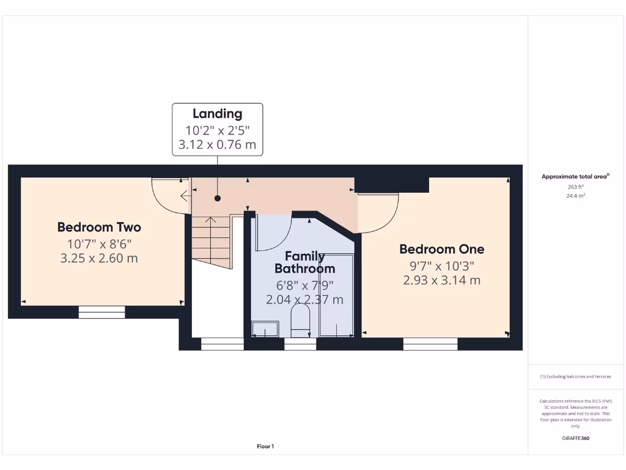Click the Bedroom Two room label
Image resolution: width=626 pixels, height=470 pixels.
(x=99, y=227)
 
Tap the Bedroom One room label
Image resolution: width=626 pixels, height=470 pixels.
(x=441, y=249)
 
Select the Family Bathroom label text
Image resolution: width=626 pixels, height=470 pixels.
(x=304, y=262)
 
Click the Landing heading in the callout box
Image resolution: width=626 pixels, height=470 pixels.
(x=217, y=113)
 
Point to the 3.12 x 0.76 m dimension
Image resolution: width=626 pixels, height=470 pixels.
(x=217, y=146)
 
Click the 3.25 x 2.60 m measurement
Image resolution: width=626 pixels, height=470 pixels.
(x=99, y=258)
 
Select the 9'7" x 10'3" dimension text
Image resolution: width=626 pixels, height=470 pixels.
(x=441, y=266)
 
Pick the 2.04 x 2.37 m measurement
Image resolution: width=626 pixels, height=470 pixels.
(x=304, y=300)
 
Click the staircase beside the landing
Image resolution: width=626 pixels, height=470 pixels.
(x=212, y=242)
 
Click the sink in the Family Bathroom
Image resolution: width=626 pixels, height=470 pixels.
(x=265, y=330)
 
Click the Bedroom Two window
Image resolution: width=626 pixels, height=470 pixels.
(x=101, y=312)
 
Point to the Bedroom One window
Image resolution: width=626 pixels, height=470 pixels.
(x=430, y=344)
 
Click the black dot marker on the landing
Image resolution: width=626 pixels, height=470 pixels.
(x=217, y=198)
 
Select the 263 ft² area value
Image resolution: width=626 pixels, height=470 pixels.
(x=575, y=187)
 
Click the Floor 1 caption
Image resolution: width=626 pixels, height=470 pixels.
(x=265, y=447)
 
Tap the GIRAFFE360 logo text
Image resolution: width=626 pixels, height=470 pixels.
(x=575, y=438)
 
